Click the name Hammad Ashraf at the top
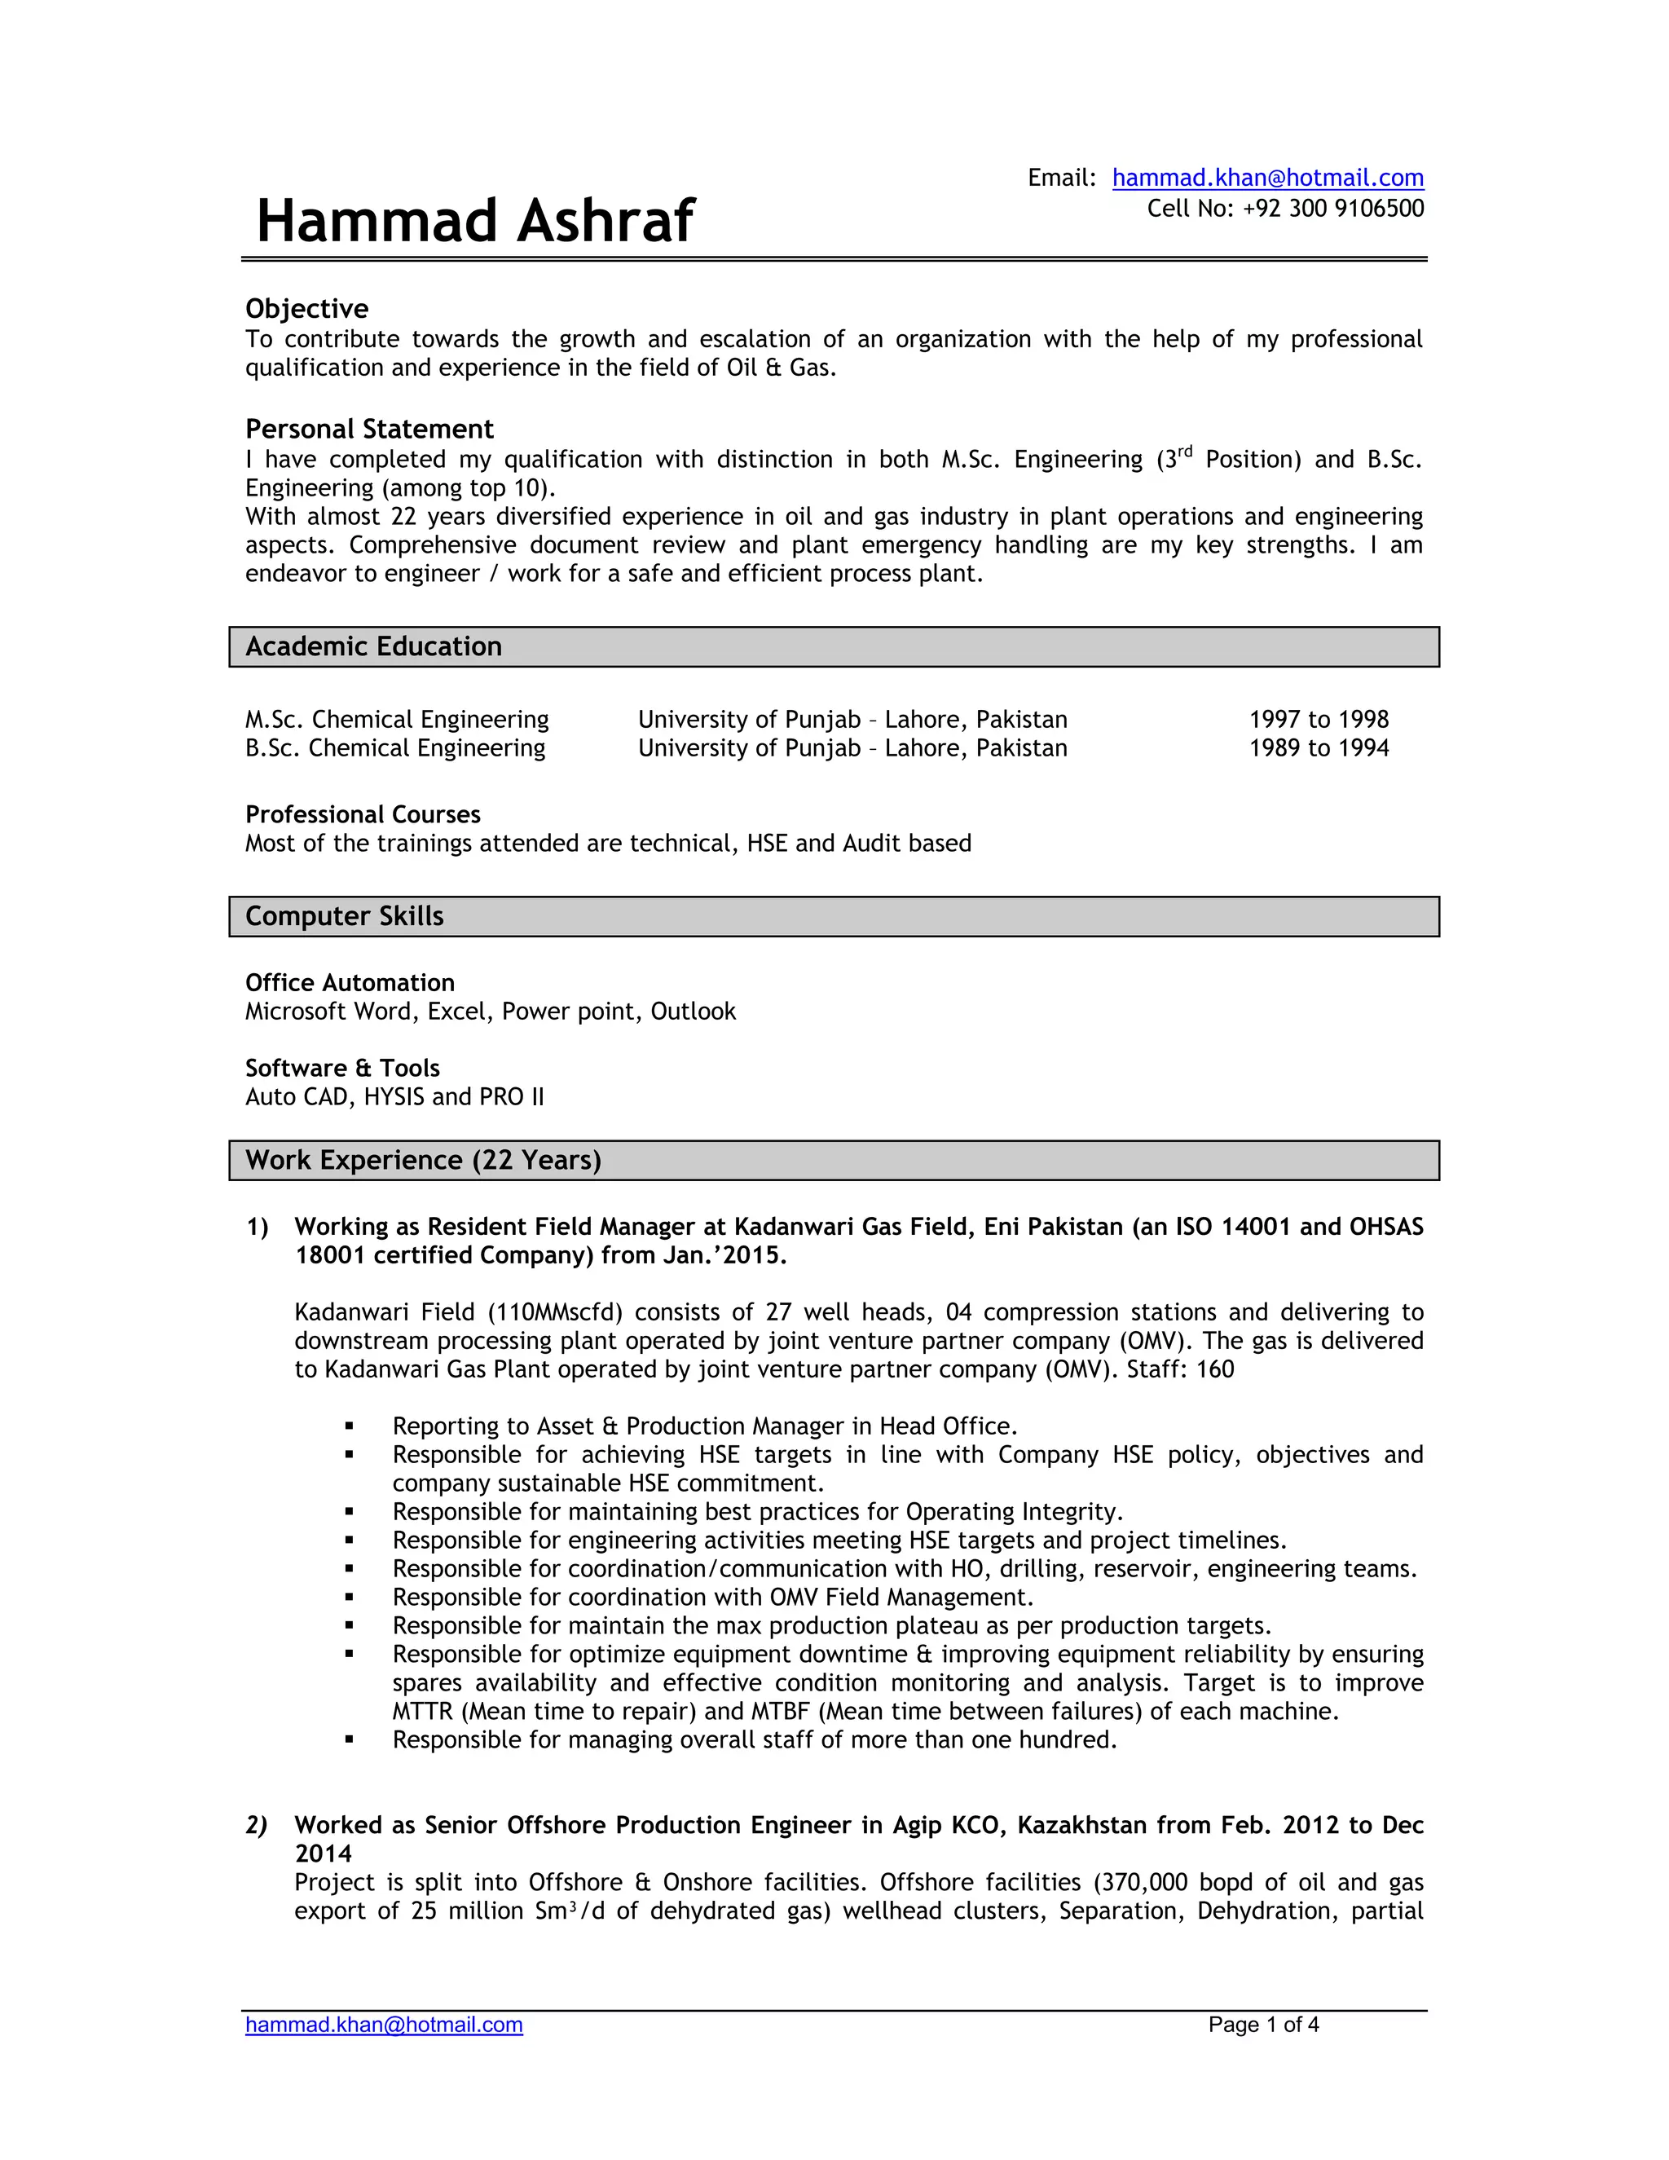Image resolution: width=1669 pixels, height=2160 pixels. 474,221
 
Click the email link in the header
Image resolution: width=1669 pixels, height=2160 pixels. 1267,178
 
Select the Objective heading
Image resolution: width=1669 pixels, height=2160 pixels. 306,309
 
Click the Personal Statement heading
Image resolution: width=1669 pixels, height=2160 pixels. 369,430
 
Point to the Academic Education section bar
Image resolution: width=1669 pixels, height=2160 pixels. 834,647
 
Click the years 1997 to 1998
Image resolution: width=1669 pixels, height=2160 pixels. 1318,720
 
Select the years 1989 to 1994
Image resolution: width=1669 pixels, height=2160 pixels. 1318,749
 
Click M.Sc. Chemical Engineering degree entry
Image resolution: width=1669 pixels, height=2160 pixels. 397,720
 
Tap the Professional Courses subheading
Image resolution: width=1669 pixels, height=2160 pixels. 363,815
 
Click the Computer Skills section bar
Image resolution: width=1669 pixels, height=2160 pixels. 834,917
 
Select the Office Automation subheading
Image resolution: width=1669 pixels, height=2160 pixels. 350,983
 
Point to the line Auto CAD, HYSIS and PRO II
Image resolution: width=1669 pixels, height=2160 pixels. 394,1097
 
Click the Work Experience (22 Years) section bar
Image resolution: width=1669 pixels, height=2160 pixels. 834,1160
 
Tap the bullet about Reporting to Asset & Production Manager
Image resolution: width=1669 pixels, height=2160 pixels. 704,1426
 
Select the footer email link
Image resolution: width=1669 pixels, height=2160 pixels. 384,2025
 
